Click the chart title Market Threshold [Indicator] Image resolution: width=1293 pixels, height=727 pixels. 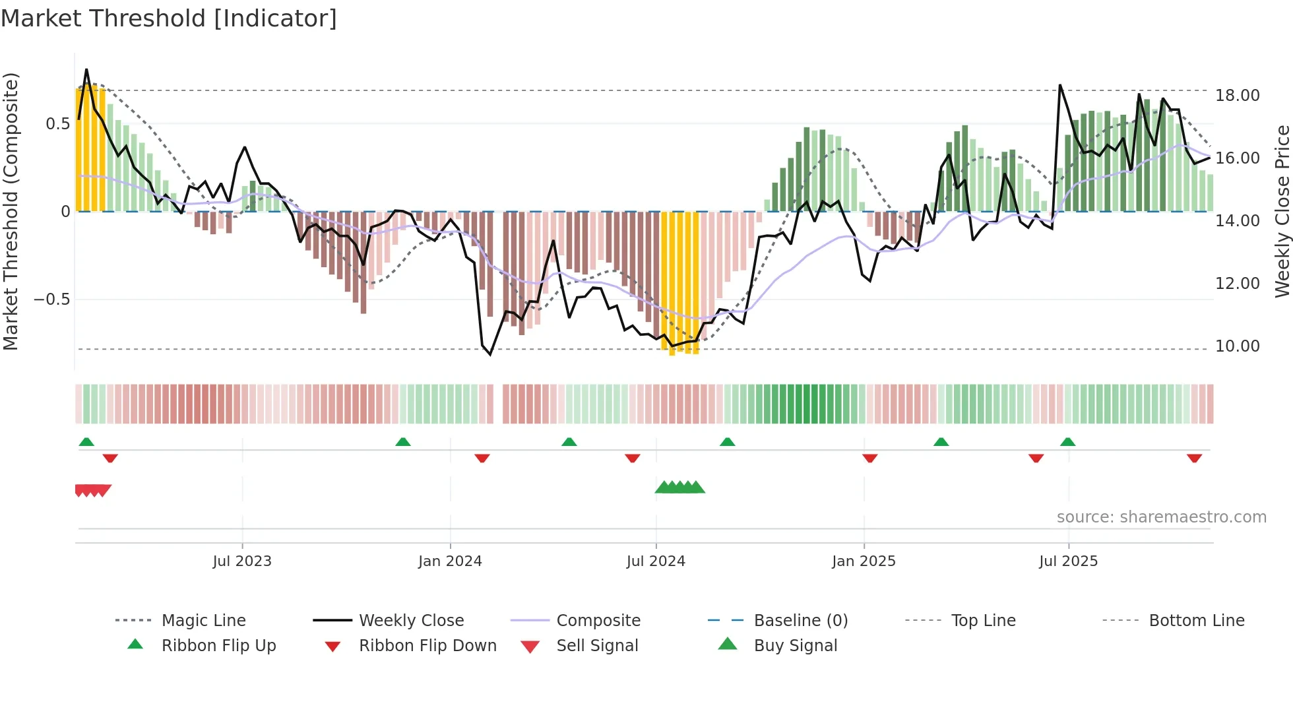[169, 18]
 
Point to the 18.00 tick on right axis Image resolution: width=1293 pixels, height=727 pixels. [1237, 96]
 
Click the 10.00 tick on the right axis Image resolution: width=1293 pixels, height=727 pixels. [1237, 346]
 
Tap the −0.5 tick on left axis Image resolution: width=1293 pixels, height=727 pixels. [51, 300]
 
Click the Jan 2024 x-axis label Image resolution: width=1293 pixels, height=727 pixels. [450, 561]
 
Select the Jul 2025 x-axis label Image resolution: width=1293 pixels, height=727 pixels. [1068, 561]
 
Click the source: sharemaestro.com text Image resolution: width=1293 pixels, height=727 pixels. [1161, 517]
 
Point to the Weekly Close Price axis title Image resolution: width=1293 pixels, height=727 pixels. [1282, 211]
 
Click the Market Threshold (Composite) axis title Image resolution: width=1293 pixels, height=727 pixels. [11, 211]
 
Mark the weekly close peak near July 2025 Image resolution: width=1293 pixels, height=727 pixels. [1060, 86]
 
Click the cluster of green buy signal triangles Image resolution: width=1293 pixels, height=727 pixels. [680, 488]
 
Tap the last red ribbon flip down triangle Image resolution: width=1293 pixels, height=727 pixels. [1194, 458]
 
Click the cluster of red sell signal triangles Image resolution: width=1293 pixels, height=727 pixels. [93, 490]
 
